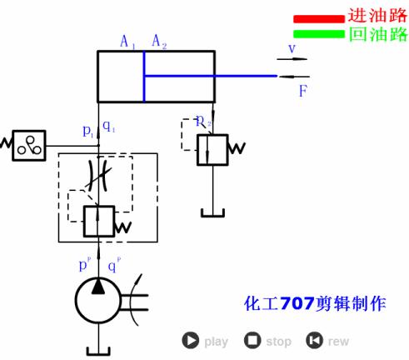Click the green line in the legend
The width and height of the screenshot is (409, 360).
coord(317,34)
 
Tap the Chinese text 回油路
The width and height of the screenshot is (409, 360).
coord(377,34)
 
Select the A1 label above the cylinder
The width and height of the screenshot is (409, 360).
coord(127,41)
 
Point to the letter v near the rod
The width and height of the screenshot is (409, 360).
coord(292,48)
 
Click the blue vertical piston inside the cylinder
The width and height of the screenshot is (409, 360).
coord(143,77)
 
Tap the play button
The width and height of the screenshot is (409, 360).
coord(192,340)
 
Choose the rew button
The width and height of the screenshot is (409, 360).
coord(314,340)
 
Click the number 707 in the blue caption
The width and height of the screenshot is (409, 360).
coord(297,304)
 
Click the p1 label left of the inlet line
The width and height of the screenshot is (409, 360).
coord(88,130)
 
